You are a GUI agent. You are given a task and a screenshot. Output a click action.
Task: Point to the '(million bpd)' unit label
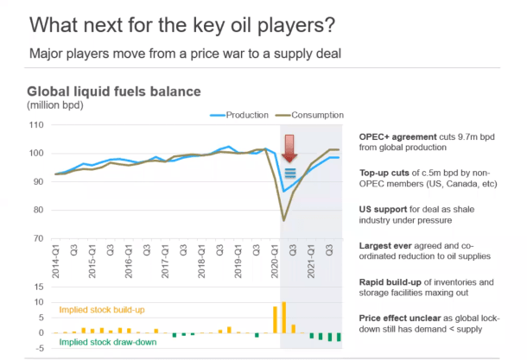click(55, 105)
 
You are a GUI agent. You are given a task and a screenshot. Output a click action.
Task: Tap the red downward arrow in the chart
click(291, 147)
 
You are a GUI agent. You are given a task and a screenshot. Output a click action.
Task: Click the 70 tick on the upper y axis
click(38, 238)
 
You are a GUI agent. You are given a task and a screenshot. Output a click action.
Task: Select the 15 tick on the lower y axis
click(39, 286)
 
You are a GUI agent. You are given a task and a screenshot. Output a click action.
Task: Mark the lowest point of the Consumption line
click(284, 221)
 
